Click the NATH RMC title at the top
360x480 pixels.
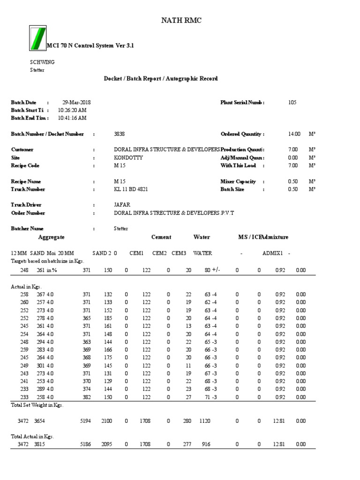pos(182,20)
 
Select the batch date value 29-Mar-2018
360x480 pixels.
pos(77,102)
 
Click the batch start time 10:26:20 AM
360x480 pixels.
pos(72,110)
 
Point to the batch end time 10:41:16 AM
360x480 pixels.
pos(72,118)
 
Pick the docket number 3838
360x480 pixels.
pos(120,134)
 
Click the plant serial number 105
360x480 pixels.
pos(292,102)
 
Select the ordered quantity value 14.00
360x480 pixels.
pos(294,134)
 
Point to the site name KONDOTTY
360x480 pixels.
pos(128,158)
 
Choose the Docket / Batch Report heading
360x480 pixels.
pos(160,79)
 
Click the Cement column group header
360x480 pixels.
pos(161,237)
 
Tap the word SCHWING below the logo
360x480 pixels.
pos(42,62)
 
